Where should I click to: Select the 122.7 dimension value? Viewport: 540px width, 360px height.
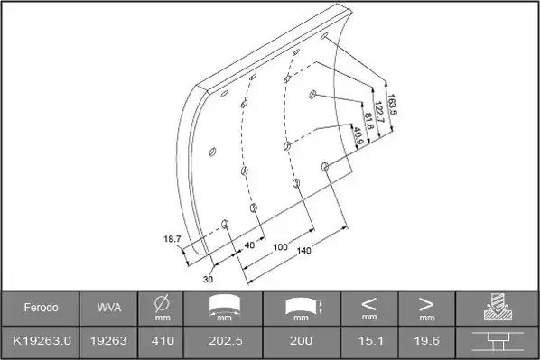click(x=378, y=112)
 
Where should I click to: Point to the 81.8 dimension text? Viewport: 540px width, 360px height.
click(x=368, y=121)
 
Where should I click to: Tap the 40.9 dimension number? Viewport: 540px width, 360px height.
click(x=358, y=136)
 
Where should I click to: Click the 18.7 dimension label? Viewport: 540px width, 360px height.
click(x=172, y=239)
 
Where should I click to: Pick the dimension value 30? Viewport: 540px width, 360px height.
click(x=208, y=279)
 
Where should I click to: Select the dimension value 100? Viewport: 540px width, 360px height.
click(x=280, y=247)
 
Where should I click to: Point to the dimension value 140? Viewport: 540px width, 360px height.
click(x=303, y=251)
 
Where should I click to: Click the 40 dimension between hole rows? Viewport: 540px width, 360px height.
click(x=249, y=245)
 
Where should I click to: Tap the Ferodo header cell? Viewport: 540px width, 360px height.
click(x=41, y=308)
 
